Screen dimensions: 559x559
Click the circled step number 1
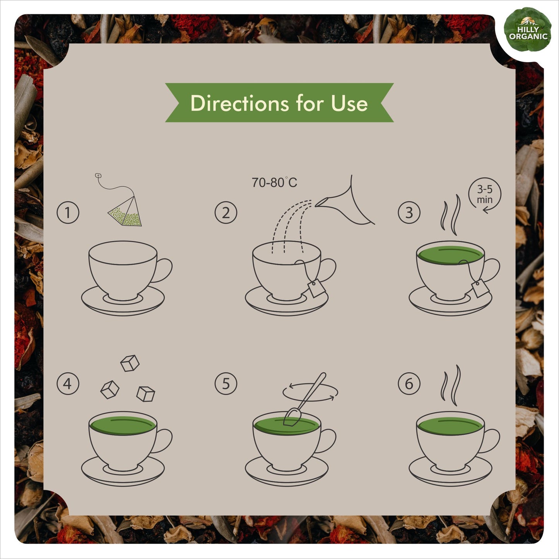pos(68,212)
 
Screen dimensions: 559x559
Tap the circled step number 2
pos(226,212)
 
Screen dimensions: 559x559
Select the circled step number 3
pos(409,212)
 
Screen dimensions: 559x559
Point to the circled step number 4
pos(68,383)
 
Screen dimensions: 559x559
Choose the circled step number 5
pos(226,383)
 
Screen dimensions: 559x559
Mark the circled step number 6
pos(409,383)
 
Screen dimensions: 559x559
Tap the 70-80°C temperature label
pos(274,183)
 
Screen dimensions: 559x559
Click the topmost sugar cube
pos(130,363)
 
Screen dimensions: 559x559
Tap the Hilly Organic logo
pos(528,30)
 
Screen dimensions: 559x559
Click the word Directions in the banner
pos(239,103)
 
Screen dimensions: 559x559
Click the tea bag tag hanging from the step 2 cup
pos(316,288)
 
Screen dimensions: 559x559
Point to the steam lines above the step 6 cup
pos(451,385)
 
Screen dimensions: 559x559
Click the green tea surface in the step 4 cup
pos(123,426)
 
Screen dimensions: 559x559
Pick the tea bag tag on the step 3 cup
pos(480,288)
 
